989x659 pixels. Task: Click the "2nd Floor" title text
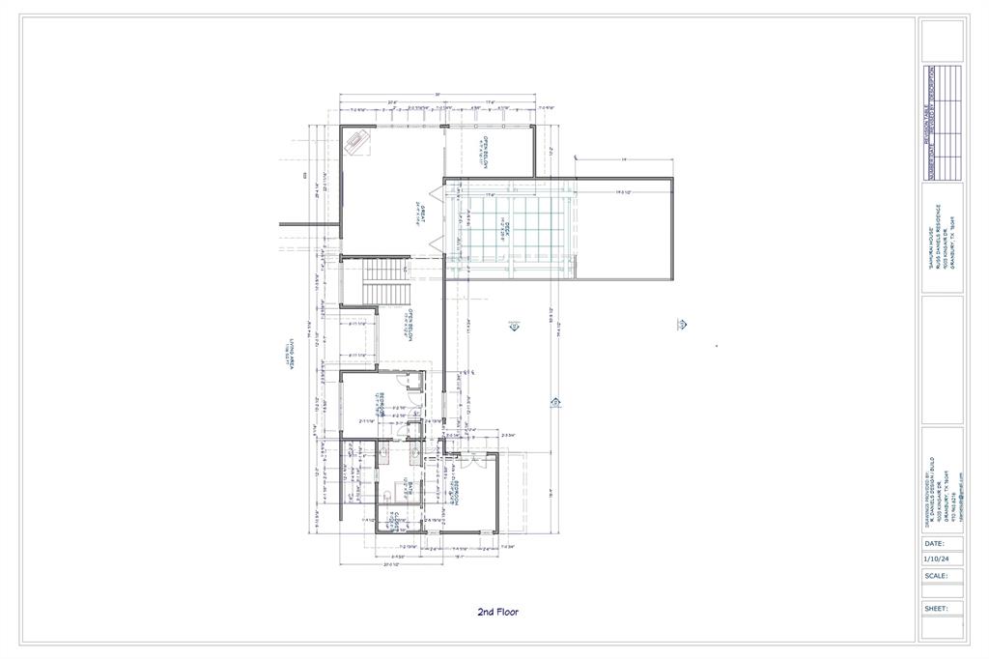click(498, 612)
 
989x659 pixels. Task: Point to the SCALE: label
click(935, 575)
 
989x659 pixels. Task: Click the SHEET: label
click(935, 608)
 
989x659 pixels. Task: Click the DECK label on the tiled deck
click(501, 228)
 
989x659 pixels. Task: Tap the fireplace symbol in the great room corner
click(358, 143)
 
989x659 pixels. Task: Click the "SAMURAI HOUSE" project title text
click(929, 252)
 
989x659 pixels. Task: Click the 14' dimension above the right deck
click(624, 159)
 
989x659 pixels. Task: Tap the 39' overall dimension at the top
click(437, 95)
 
